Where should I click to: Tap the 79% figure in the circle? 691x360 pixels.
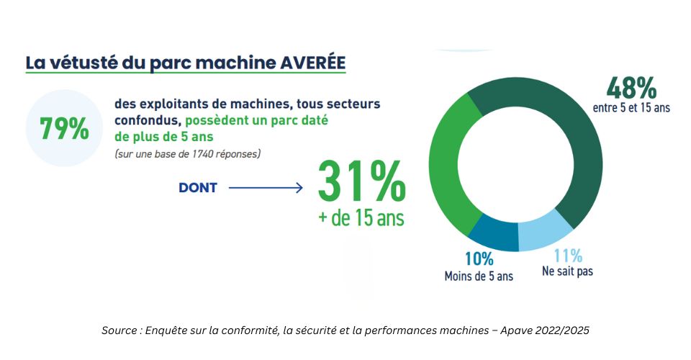pos(64,128)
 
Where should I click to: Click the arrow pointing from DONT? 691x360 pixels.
pos(266,188)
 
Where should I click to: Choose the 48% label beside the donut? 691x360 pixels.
pos(631,88)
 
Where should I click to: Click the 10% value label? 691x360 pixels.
pos(479,259)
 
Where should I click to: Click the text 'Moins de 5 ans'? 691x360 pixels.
pos(479,276)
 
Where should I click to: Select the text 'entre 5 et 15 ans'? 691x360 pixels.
pos(631,107)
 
